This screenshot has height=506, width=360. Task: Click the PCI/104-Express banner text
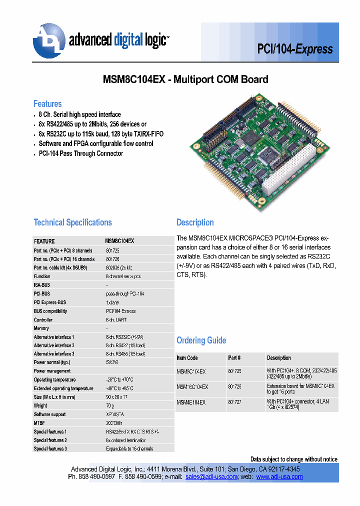[294, 48]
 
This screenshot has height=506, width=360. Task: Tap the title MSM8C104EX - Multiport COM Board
[185, 79]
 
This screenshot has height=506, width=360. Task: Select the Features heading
[47, 104]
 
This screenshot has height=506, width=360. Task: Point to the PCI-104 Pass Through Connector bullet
[80, 153]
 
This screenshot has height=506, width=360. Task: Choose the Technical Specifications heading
[72, 222]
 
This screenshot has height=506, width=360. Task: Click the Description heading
[195, 222]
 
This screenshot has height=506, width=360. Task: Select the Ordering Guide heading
[201, 340]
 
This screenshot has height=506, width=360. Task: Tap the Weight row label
[40, 405]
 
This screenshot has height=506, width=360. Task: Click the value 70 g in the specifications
[110, 405]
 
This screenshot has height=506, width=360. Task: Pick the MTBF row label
[39, 423]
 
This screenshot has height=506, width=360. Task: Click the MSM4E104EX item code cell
[191, 401]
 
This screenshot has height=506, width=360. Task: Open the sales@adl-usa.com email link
[211, 477]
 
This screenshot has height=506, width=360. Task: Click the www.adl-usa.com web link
[279, 477]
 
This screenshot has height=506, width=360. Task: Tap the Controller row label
[43, 319]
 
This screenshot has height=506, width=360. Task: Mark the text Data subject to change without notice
[293, 459]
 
